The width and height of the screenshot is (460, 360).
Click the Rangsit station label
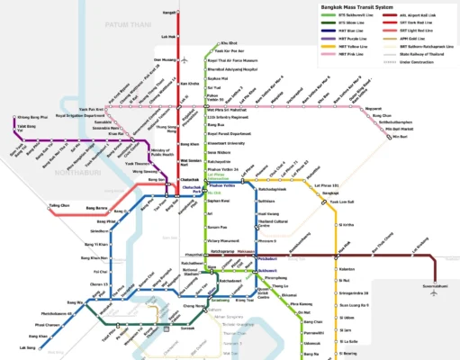pos(168,13)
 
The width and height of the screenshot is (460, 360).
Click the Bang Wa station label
pos(77,302)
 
